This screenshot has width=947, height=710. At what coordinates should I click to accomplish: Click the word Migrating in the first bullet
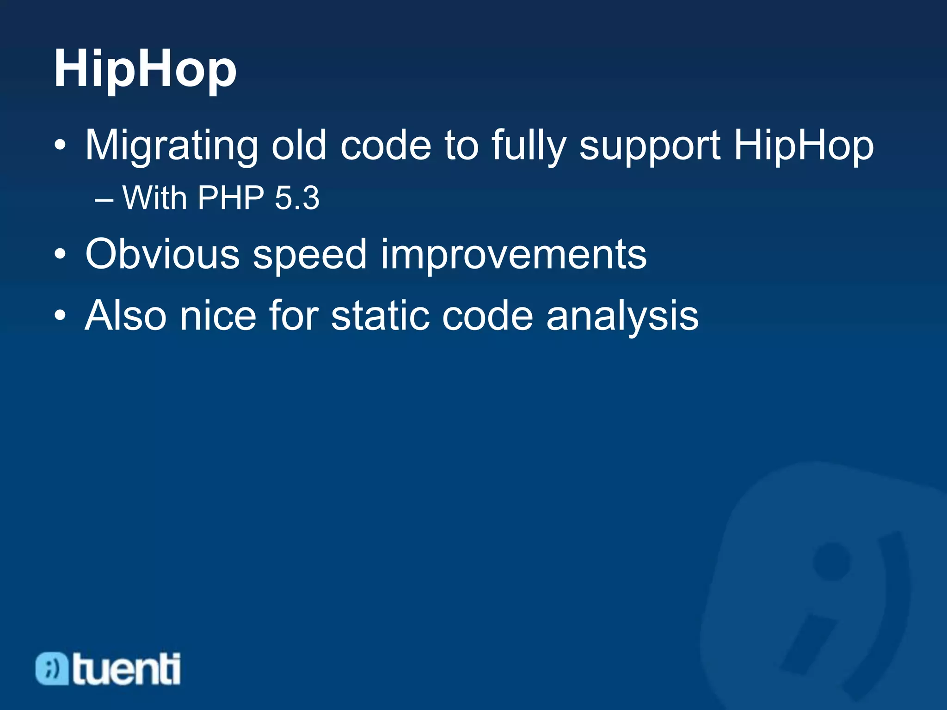[x=171, y=146]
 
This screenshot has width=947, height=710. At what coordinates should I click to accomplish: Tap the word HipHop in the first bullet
[x=804, y=146]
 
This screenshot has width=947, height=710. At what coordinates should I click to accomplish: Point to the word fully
[x=529, y=146]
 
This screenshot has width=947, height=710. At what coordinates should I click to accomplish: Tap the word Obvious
[x=162, y=255]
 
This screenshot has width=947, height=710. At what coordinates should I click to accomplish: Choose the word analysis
[x=622, y=317]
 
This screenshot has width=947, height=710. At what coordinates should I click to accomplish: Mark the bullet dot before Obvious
[x=60, y=255]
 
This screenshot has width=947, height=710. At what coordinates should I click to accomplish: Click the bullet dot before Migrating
[x=60, y=146]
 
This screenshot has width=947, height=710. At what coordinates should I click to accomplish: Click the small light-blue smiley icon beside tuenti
[x=52, y=669]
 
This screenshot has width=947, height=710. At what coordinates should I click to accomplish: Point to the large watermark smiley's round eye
[x=831, y=561]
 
